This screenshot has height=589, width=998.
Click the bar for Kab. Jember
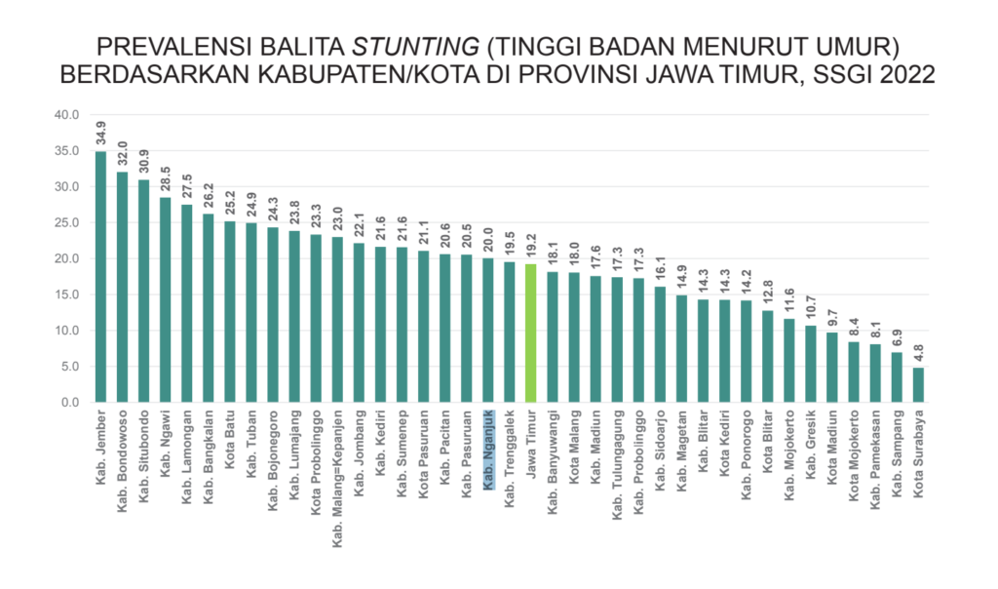tap(100, 277)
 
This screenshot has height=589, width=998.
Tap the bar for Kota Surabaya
tap(918, 385)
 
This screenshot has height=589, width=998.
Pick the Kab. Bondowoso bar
tap(122, 288)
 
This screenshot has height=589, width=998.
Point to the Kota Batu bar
tap(229, 312)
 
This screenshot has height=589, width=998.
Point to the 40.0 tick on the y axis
tap(66, 115)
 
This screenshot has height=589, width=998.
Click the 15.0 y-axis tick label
tap(66, 294)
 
